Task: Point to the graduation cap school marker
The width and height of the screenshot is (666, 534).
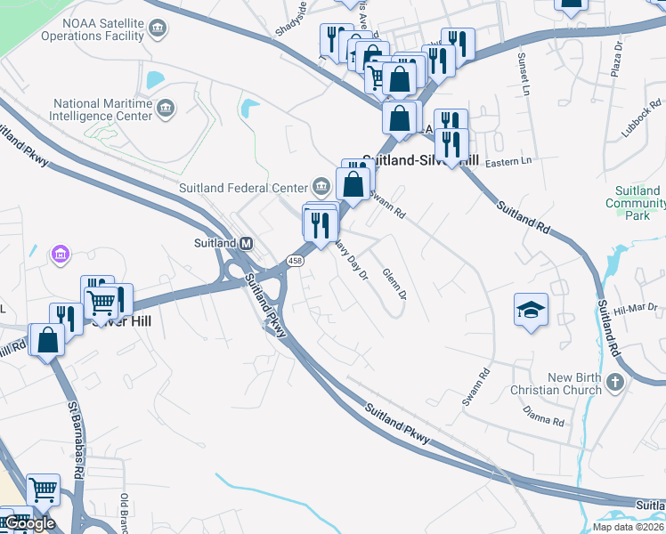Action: pos(532,310)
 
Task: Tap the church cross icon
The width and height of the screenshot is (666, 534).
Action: pos(614,384)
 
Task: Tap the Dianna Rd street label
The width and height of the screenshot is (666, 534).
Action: pos(545,416)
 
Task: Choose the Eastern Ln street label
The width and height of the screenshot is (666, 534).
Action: pos(508,161)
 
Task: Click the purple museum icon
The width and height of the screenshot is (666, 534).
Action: pos(61,255)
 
